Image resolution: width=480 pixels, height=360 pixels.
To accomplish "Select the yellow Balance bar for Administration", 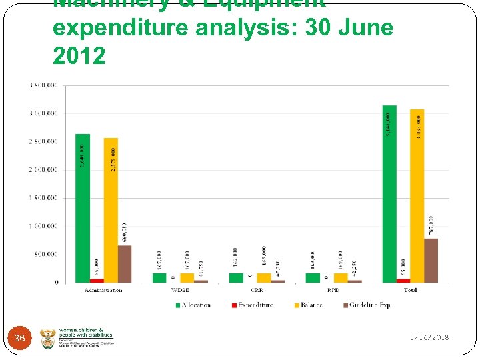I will [x=111, y=210].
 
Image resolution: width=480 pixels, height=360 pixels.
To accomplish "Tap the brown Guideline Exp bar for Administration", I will [x=125, y=264].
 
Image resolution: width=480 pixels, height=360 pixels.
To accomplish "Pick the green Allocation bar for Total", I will [x=389, y=193].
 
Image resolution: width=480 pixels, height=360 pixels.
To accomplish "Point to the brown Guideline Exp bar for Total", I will [x=431, y=261].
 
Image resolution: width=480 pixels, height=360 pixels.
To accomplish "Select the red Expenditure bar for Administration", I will [x=97, y=281].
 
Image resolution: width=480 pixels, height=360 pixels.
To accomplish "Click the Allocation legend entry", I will [x=193, y=305].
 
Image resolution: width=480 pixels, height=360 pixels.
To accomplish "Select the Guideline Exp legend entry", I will [x=366, y=305].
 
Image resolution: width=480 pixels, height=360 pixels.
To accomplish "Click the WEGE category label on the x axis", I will [x=180, y=291].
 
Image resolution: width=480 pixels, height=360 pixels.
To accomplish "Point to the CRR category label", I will [x=257, y=291].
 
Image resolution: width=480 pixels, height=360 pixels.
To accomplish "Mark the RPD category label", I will [x=333, y=291].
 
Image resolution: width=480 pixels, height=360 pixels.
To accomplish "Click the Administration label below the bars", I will [x=103, y=291].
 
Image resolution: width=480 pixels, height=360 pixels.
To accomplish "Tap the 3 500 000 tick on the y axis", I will [x=43, y=85].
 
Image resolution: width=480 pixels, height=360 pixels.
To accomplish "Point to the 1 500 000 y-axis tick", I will [x=43, y=198].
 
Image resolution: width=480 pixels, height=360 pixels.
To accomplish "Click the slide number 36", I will [x=19, y=339].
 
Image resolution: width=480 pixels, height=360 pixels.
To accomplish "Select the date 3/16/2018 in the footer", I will [x=429, y=338].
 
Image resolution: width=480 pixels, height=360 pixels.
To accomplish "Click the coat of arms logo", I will [x=49, y=338].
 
